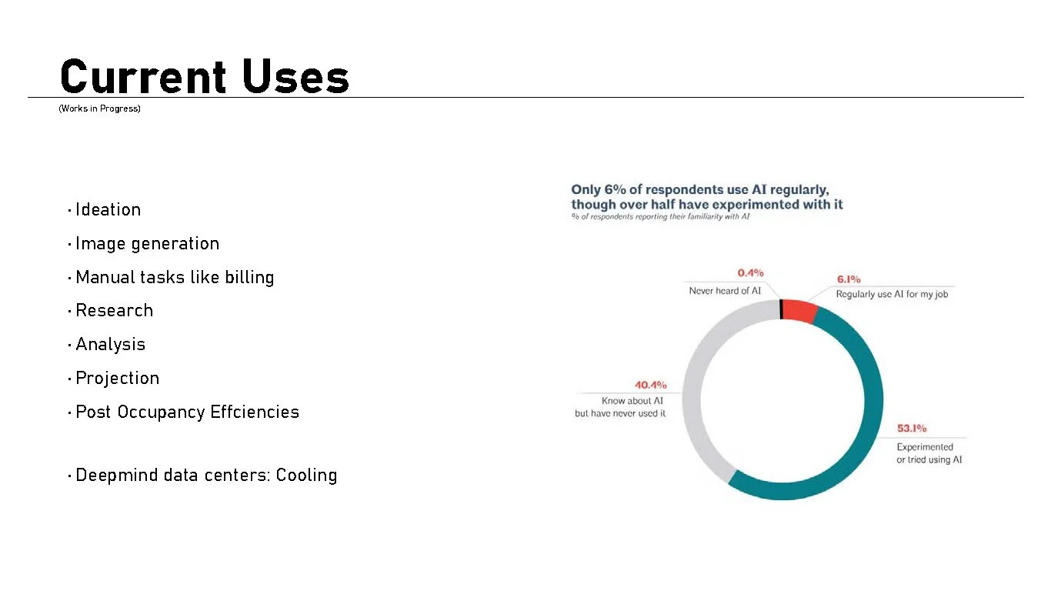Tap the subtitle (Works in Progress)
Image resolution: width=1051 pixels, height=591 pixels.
tap(99, 109)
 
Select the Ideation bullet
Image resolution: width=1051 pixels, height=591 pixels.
tap(108, 209)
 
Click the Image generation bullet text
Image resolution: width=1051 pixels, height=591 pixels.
tap(147, 243)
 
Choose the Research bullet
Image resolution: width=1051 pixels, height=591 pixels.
tap(114, 310)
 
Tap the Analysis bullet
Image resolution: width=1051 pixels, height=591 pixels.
tap(110, 344)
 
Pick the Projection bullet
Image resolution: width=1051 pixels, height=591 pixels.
tap(117, 378)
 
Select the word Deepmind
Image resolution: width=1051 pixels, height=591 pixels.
tap(108, 475)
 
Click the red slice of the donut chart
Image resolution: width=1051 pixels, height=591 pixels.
tap(799, 311)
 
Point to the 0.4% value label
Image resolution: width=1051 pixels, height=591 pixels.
tap(750, 273)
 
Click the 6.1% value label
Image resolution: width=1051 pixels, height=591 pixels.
tap(849, 279)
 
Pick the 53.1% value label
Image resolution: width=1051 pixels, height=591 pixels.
tap(912, 429)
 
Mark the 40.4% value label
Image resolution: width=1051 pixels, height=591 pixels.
tap(650, 385)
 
